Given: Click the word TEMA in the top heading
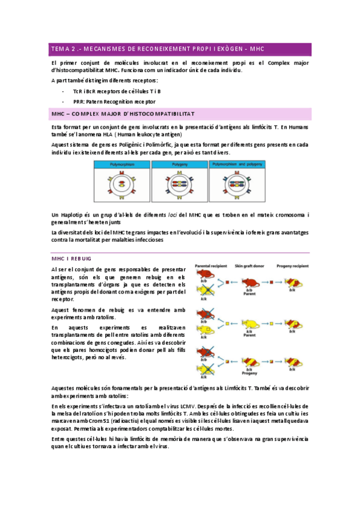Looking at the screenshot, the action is click(x=60, y=49).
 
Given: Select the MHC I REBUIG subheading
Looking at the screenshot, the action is click(x=72, y=257).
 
